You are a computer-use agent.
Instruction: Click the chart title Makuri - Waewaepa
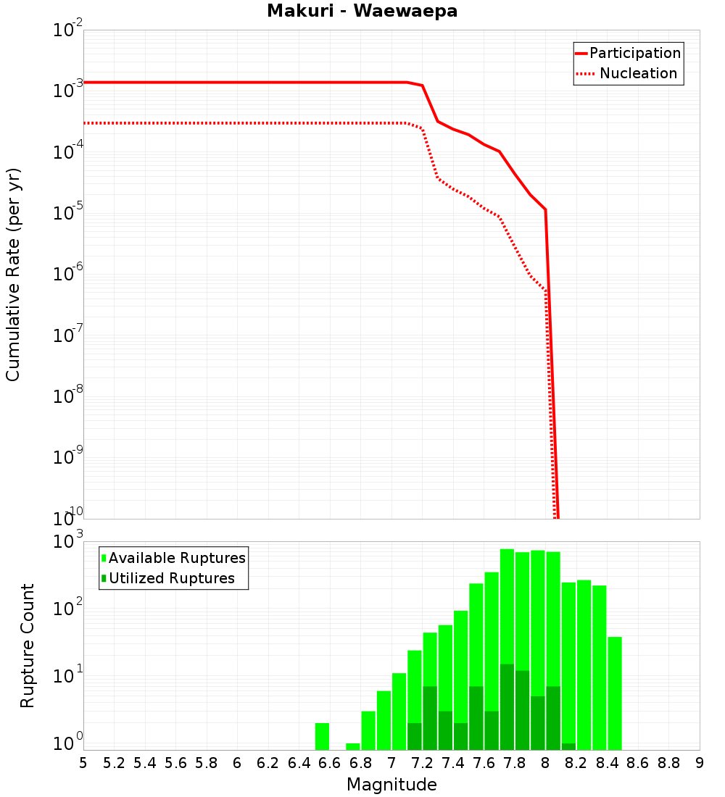pyautogui.click(x=362, y=12)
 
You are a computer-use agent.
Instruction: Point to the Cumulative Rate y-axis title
pyautogui.click(x=13, y=275)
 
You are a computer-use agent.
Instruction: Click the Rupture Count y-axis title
pyautogui.click(x=28, y=646)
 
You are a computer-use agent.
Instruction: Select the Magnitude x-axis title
pyautogui.click(x=391, y=785)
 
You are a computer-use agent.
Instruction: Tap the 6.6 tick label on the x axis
pyautogui.click(x=330, y=763)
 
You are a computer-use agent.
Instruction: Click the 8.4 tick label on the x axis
pyautogui.click(x=607, y=763)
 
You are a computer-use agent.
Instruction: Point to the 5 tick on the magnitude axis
pyautogui.click(x=83, y=763)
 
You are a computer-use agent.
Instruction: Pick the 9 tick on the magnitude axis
pyautogui.click(x=700, y=763)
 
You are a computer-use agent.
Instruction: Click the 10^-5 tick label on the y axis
pyautogui.click(x=68, y=213)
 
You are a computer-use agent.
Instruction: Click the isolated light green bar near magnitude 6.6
pyautogui.click(x=323, y=736)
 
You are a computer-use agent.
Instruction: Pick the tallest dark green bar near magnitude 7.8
pyautogui.click(x=507, y=706)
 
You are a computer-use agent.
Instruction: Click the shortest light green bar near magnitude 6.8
pyautogui.click(x=353, y=746)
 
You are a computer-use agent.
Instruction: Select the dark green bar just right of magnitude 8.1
pyautogui.click(x=568, y=746)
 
